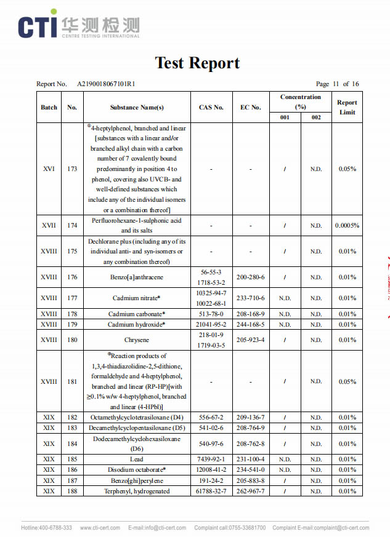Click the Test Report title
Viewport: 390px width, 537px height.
[x=197, y=63]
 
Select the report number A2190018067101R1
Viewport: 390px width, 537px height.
[x=106, y=84]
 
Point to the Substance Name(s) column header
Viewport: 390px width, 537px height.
[x=137, y=107]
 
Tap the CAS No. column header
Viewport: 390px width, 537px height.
[x=211, y=107]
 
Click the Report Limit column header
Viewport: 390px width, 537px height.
[x=347, y=107]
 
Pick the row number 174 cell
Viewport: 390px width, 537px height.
[x=72, y=225]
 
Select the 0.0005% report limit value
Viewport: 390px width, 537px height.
[x=347, y=225]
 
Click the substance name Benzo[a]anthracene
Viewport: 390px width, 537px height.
[x=137, y=277]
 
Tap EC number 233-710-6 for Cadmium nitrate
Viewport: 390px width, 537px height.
[x=250, y=298]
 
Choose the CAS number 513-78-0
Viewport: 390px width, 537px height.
[x=211, y=314]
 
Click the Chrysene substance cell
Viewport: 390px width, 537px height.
[x=137, y=340]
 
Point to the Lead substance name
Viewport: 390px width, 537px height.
[x=137, y=459]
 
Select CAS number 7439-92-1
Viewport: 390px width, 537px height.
[x=211, y=459]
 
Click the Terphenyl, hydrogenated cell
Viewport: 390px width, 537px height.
[x=137, y=491]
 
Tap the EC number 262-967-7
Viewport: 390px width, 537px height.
[x=250, y=491]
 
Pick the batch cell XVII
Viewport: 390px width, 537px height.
[x=49, y=225]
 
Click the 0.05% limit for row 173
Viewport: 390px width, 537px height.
[x=347, y=169]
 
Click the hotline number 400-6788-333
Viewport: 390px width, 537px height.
[x=56, y=528]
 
